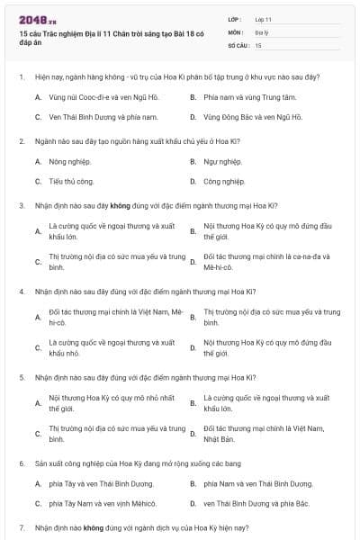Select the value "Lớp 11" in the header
point(263,18)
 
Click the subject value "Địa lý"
point(262,31)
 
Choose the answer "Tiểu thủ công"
point(72,181)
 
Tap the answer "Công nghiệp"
point(224,181)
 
